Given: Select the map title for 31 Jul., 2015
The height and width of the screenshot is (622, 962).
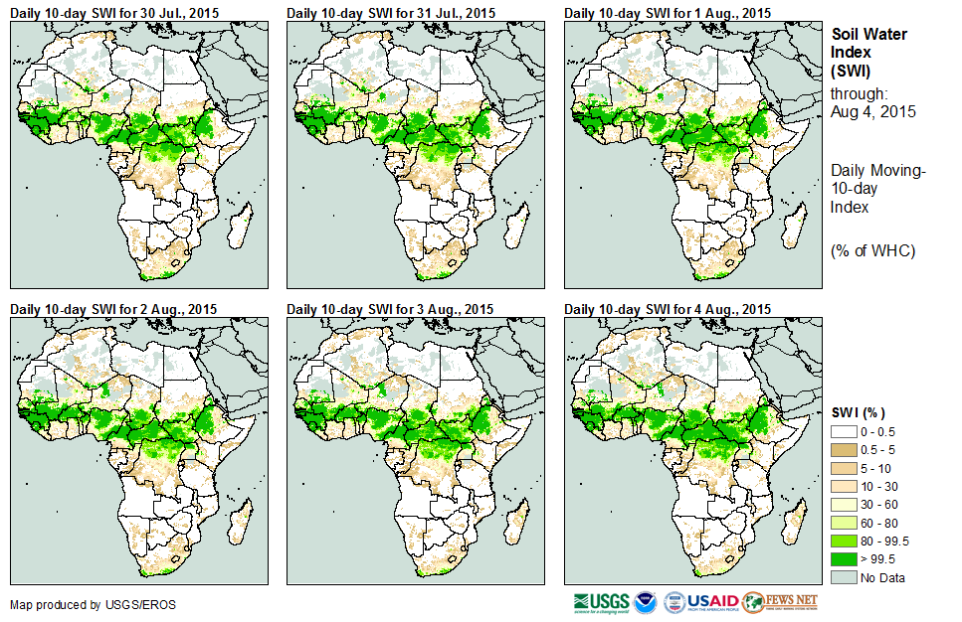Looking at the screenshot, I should [x=390, y=12].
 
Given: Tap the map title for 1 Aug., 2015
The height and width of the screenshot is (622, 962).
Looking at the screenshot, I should [x=668, y=12].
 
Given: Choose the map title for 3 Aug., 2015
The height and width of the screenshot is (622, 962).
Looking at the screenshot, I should [x=390, y=309].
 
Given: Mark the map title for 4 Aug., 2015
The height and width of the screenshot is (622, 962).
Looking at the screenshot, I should [x=668, y=309].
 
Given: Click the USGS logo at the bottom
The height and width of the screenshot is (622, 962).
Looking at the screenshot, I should [x=601, y=602].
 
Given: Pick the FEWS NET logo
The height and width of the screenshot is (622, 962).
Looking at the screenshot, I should [x=782, y=602].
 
